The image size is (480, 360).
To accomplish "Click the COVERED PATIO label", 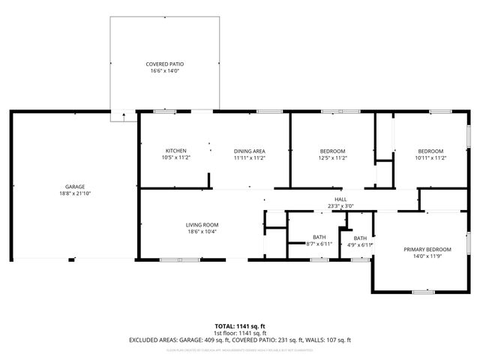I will tap(164, 64).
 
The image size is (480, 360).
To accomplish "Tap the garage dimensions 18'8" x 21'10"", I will tap(74, 193).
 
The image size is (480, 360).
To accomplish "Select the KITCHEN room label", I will tap(175, 151).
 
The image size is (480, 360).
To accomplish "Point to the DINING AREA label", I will tap(249, 151).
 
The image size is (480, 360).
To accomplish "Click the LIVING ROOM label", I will tap(202, 224).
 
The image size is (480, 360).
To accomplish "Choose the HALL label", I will tap(340, 199).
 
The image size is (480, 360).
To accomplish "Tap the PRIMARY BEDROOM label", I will tap(427, 249).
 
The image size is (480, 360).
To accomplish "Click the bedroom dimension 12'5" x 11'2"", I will tap(332, 158).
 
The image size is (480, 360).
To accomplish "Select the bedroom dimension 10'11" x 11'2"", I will tap(430, 158).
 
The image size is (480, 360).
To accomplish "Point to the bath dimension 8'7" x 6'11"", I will tap(319, 244).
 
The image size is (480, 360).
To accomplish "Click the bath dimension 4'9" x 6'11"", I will tap(360, 244).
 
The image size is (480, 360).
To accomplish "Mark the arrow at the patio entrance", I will tap(124, 115).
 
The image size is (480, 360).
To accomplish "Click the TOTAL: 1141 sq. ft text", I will tap(239, 326).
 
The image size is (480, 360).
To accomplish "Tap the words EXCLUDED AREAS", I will tap(154, 340).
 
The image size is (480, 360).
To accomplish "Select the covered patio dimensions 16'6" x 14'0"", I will tap(164, 72).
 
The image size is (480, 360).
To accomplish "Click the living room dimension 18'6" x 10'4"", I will tap(202, 232).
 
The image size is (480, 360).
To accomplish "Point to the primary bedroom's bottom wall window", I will tap(424, 292).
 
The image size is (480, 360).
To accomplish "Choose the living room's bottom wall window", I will tap(179, 259).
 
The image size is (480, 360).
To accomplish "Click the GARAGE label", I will tap(74, 186).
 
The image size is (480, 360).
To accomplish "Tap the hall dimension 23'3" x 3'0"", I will tap(340, 206).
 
